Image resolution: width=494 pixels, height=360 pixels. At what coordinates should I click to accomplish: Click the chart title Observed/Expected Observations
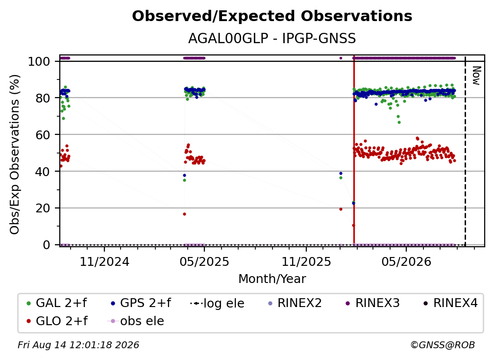point(272,16)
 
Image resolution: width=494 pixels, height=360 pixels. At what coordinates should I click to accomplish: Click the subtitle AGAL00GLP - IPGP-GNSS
point(272,39)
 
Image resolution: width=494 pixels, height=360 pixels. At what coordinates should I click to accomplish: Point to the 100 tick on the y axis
point(39,61)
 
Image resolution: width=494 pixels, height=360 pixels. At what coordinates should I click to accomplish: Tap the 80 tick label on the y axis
point(43,98)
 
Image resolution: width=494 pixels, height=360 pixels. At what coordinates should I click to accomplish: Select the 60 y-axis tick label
point(43,135)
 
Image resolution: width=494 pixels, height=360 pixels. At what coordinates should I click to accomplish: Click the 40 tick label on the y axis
point(43,172)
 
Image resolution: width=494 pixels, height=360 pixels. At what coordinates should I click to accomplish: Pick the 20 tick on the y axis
point(43,208)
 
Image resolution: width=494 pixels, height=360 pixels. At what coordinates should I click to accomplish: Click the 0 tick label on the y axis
point(47,245)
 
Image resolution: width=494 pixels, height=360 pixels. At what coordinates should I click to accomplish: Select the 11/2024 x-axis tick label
point(104,262)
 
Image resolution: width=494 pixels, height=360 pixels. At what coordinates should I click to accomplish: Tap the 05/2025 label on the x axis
point(204,262)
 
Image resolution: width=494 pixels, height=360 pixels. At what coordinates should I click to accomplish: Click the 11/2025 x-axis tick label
point(306,262)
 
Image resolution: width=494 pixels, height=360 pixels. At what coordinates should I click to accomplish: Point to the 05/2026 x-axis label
point(406,262)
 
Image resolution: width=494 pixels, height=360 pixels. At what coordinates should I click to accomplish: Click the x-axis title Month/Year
point(272,279)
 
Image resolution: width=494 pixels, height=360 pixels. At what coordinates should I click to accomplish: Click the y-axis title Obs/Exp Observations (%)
point(15,154)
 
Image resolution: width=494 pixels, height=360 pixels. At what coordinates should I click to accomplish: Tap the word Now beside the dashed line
point(476,76)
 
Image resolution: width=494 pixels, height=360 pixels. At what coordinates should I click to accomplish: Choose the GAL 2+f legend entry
point(57,303)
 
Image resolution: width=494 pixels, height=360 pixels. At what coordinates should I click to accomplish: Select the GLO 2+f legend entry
point(57,321)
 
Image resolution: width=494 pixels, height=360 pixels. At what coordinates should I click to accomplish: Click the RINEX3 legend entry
point(373,303)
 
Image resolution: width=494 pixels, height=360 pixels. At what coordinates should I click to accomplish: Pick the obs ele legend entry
point(136,321)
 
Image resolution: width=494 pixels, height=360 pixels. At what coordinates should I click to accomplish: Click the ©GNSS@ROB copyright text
point(443,345)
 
